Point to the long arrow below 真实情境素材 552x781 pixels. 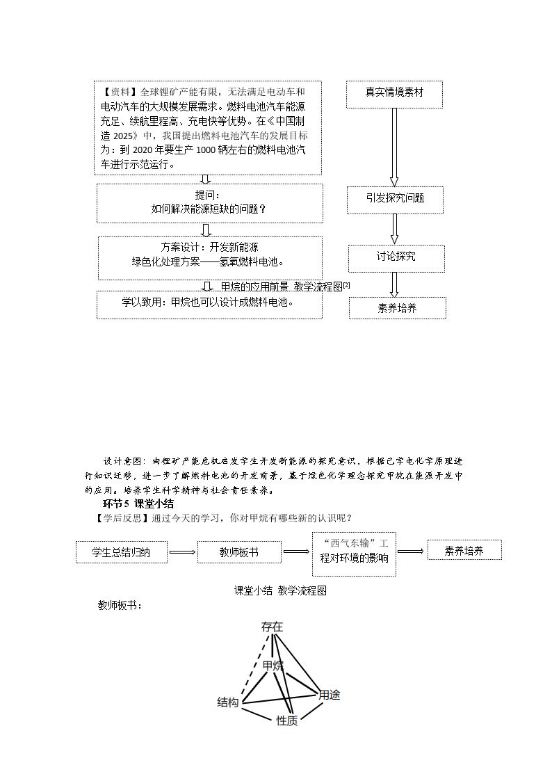pyautogui.click(x=394, y=147)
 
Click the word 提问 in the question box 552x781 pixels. pyautogui.click(x=204, y=195)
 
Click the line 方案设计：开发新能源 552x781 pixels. pyautogui.click(x=209, y=247)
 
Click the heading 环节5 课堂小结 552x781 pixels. pyautogui.click(x=138, y=504)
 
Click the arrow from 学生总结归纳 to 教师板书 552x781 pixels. pyautogui.click(x=182, y=552)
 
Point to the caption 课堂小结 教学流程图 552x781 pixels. pyautogui.click(x=280, y=590)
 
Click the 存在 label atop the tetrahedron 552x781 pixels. pyautogui.click(x=273, y=627)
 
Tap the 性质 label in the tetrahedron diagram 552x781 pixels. pyautogui.click(x=287, y=720)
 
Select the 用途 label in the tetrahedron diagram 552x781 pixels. pyautogui.click(x=329, y=694)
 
